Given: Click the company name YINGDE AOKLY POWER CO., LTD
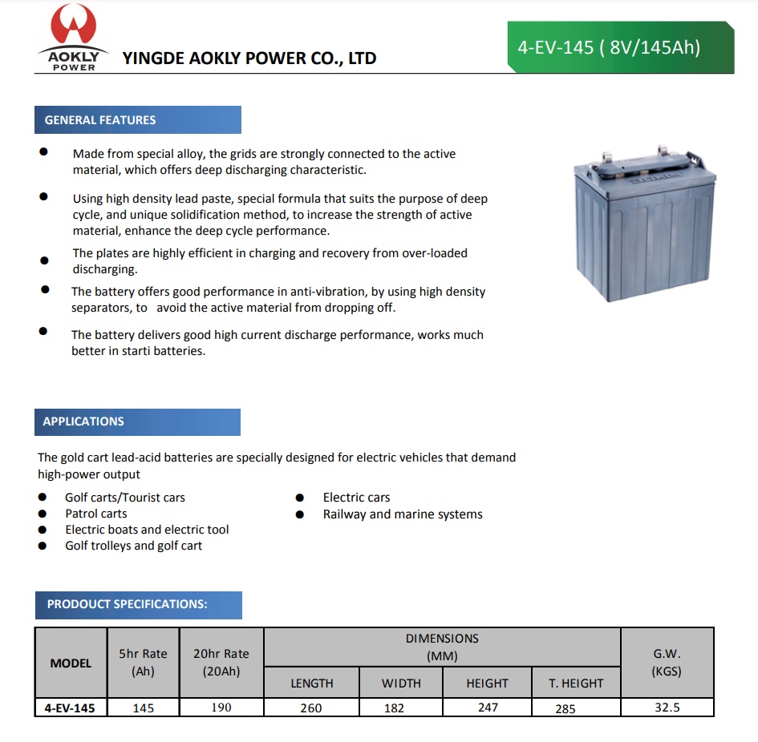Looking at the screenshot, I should [x=249, y=58].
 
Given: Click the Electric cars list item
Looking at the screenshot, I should [x=356, y=498].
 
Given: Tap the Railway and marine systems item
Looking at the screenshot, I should [x=403, y=514].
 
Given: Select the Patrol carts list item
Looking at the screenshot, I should [x=96, y=514].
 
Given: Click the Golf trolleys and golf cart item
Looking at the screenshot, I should [x=134, y=546].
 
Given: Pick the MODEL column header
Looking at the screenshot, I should [x=71, y=663].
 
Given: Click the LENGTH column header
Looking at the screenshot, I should [x=311, y=684].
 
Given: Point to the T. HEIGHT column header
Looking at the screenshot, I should [x=576, y=684].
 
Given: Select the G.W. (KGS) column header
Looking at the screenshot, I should [x=667, y=663].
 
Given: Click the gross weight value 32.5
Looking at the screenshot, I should [x=667, y=708].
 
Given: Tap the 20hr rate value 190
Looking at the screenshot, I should [x=221, y=708].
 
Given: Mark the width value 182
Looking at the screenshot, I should [x=394, y=708].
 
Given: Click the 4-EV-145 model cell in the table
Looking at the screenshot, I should [x=71, y=708].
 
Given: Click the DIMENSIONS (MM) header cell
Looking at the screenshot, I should [x=442, y=647].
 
